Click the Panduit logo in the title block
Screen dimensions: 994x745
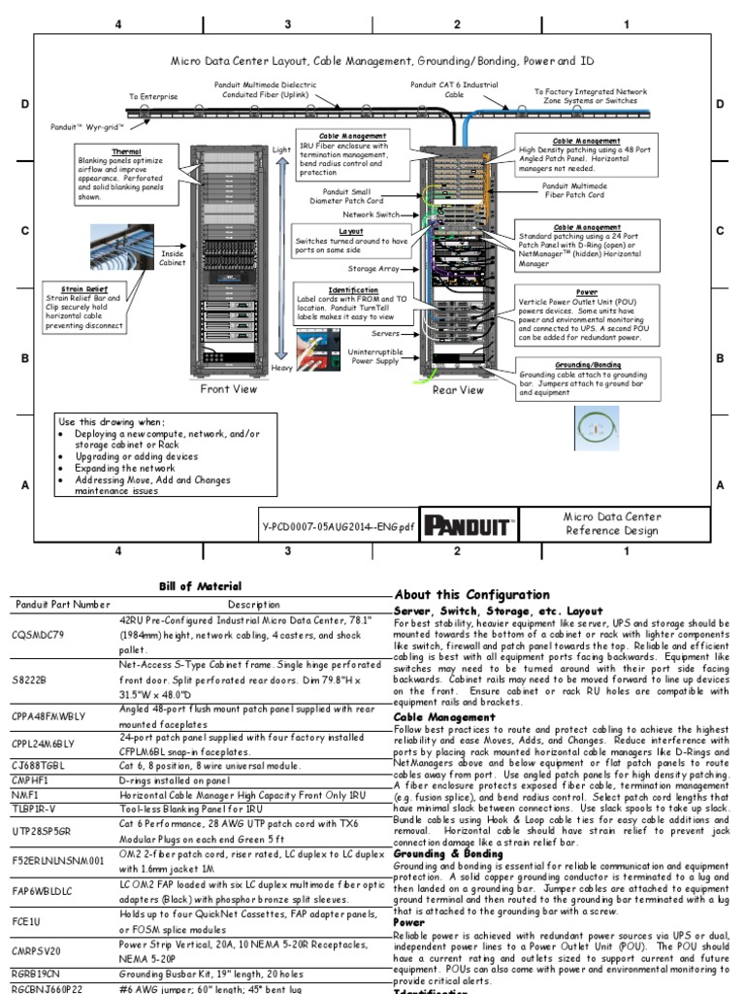[x=469, y=525]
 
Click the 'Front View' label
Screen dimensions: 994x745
[x=229, y=389]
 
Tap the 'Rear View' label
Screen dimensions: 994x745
[x=458, y=390]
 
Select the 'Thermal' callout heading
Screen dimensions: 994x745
[x=126, y=152]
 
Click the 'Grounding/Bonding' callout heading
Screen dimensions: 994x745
[x=587, y=364]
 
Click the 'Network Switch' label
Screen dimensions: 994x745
[x=371, y=215]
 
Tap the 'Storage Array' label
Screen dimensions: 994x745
[x=373, y=268]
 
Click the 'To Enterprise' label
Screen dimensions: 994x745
[x=153, y=97]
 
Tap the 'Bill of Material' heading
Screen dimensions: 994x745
[x=200, y=586]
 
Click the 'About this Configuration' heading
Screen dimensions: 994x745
[x=471, y=594]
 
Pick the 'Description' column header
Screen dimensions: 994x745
[x=253, y=605]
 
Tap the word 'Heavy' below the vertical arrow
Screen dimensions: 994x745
[x=282, y=369]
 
